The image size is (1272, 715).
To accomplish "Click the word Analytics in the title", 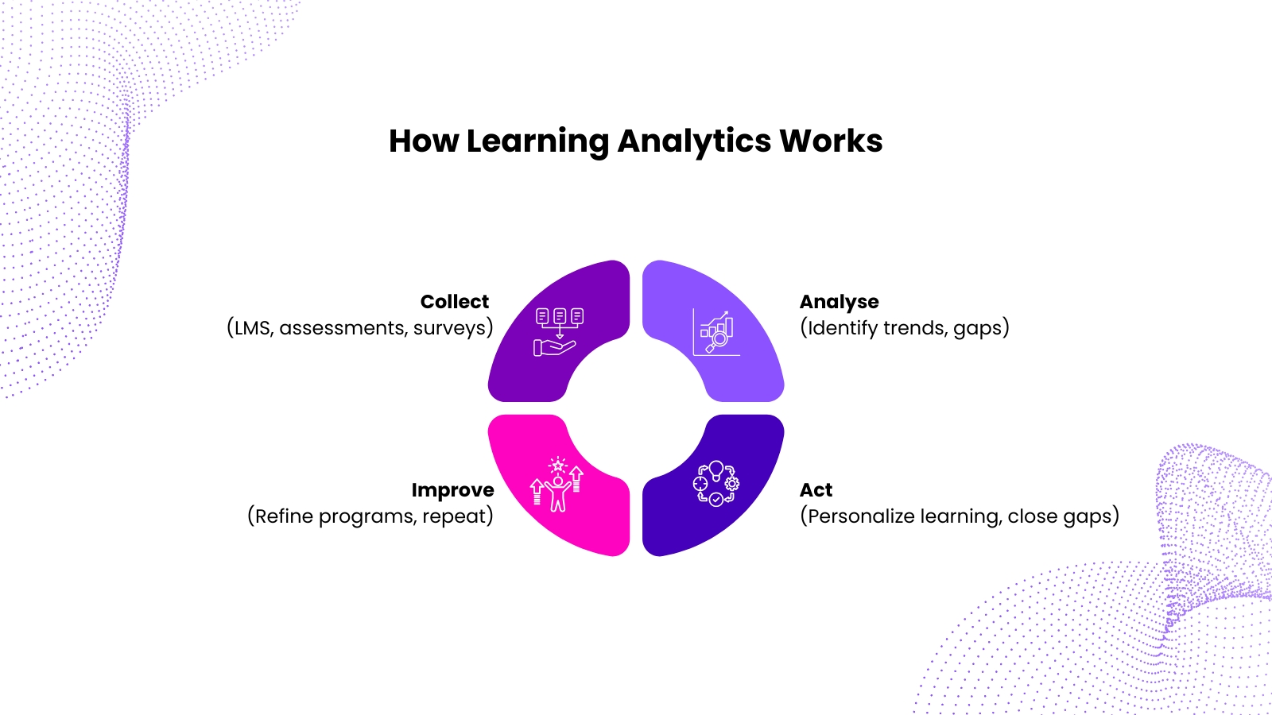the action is pyautogui.click(x=694, y=142).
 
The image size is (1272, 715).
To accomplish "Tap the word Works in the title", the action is pyautogui.click(x=831, y=141).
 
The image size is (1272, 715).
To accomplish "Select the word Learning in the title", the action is pyautogui.click(x=537, y=142).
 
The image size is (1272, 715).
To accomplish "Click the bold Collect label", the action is pyautogui.click(x=454, y=301).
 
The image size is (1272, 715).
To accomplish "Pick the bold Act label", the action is pyautogui.click(x=816, y=489).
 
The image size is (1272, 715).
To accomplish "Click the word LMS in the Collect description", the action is pyautogui.click(x=253, y=329).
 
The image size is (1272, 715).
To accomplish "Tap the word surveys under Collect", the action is pyautogui.click(x=450, y=329).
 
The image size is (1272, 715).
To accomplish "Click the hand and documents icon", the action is pyautogui.click(x=559, y=333).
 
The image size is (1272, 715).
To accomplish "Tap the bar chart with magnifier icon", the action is pyautogui.click(x=716, y=333).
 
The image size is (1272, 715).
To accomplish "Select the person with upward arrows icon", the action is pyautogui.click(x=557, y=484).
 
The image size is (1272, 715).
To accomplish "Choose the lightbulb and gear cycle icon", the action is pyautogui.click(x=716, y=483).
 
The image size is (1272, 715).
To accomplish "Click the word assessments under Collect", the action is pyautogui.click(x=343, y=329).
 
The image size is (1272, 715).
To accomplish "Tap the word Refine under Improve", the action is pyautogui.click(x=283, y=516).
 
